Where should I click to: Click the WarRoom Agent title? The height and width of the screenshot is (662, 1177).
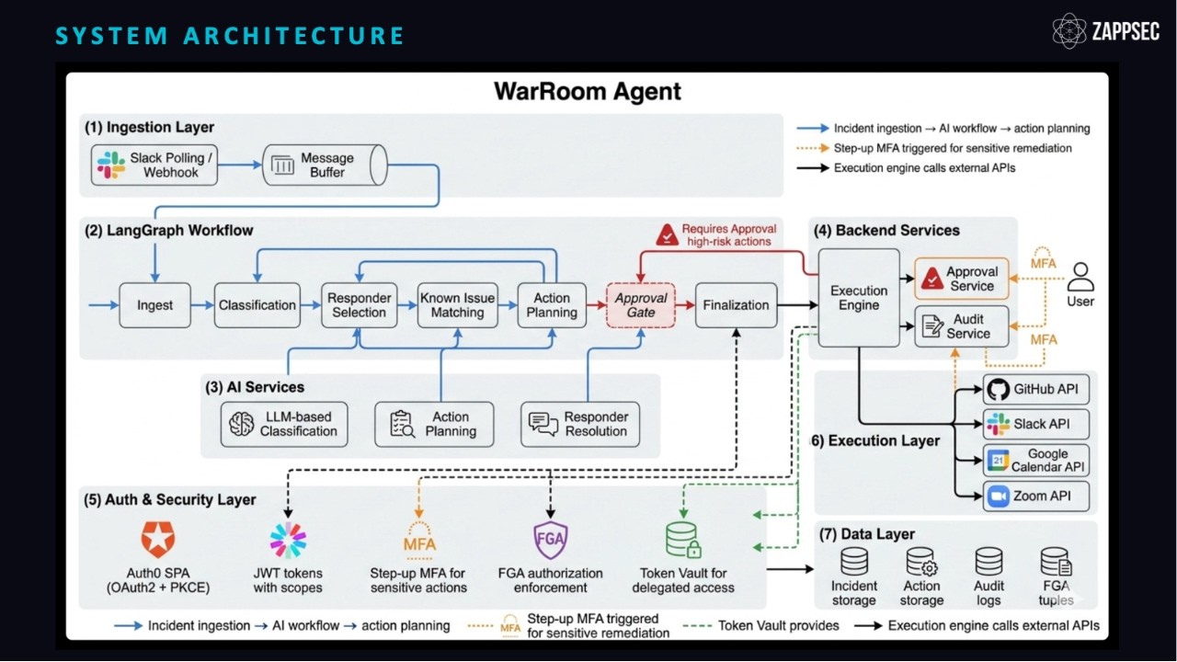pyautogui.click(x=588, y=92)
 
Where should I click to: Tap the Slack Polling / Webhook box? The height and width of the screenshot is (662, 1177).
pyautogui.click(x=155, y=165)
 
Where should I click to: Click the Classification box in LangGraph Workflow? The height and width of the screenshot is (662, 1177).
pyautogui.click(x=257, y=305)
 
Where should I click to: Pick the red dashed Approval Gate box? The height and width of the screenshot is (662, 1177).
pyautogui.click(x=640, y=305)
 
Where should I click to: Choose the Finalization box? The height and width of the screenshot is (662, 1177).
pyautogui.click(x=735, y=305)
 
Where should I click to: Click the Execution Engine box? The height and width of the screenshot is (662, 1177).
pyautogui.click(x=858, y=298)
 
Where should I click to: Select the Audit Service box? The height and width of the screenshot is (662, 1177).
pyautogui.click(x=962, y=326)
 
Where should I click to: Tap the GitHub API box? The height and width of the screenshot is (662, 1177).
pyautogui.click(x=1035, y=389)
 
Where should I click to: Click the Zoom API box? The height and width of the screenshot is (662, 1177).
pyautogui.click(x=1035, y=496)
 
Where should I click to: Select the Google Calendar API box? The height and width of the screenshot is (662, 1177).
pyautogui.click(x=1035, y=460)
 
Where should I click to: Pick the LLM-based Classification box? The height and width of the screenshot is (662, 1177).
pyautogui.click(x=286, y=424)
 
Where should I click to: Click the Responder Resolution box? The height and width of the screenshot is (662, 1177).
pyautogui.click(x=580, y=424)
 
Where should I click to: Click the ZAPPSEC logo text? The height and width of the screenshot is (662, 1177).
pyautogui.click(x=1126, y=31)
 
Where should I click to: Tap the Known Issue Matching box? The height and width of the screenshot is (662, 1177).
pyautogui.click(x=457, y=305)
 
